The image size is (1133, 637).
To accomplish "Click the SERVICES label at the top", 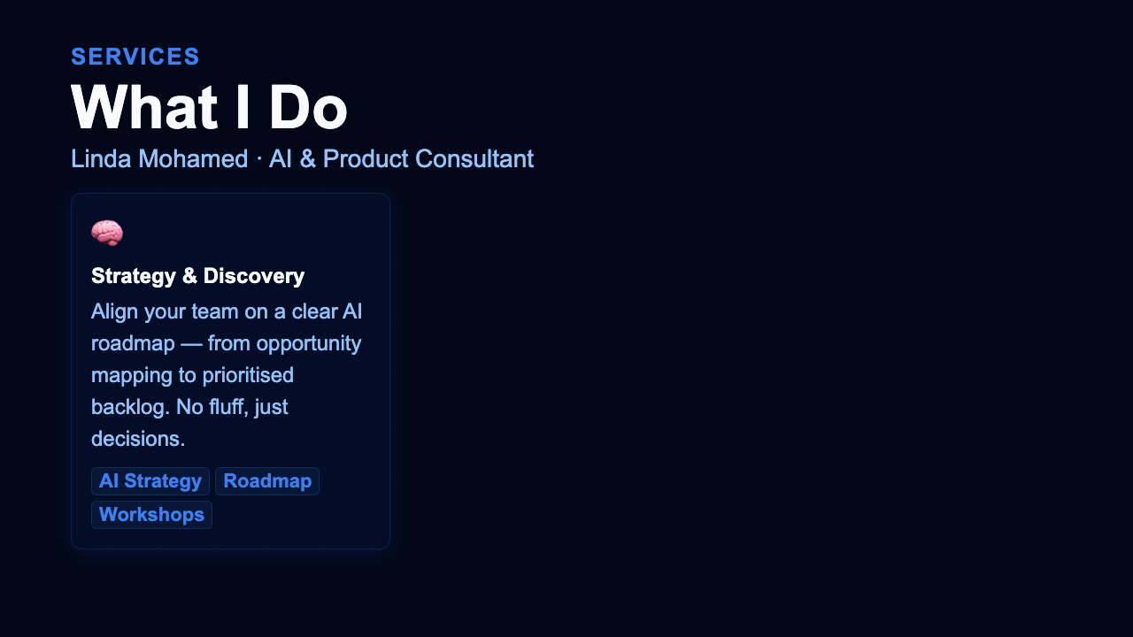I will (135, 57).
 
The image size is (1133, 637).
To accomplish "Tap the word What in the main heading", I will (143, 108).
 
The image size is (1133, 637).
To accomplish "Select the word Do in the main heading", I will (308, 108).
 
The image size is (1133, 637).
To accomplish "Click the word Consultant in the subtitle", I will (474, 159).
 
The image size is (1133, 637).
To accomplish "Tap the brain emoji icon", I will (107, 234).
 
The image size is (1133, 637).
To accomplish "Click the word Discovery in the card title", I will (253, 276).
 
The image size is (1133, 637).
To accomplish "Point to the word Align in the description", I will (113, 311).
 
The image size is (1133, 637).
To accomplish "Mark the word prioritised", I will (248, 375).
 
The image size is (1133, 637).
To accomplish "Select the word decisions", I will (137, 439).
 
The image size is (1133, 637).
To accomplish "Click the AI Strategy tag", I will (150, 481).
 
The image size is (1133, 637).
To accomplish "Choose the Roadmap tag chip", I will (267, 481).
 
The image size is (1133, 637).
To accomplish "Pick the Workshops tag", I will (151, 514).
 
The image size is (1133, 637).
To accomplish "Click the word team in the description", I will (203, 311).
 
